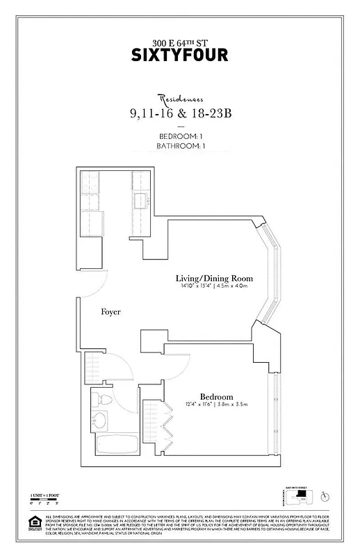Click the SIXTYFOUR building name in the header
[179, 55]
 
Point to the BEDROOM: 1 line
[179, 136]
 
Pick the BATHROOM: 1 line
[179, 147]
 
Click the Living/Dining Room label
[213, 278]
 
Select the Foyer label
[111, 312]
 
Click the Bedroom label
[216, 396]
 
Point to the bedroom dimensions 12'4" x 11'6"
[216, 405]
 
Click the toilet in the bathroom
[101, 400]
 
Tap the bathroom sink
[99, 421]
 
